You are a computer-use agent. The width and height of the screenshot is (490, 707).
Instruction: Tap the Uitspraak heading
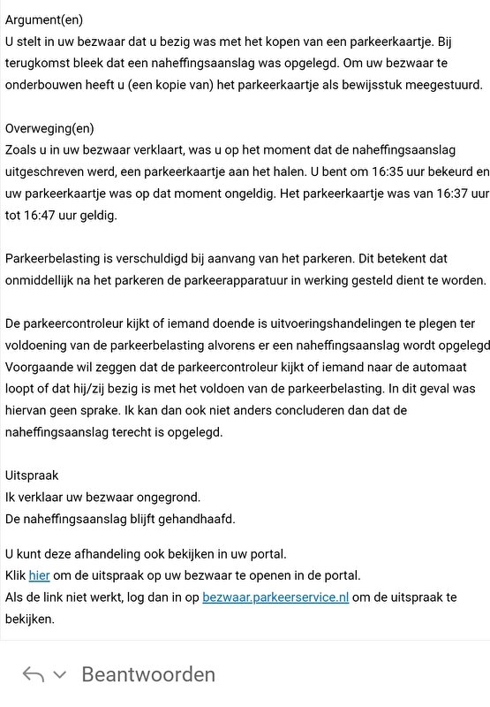coord(32,475)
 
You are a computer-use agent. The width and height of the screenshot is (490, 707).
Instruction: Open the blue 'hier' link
coord(39,575)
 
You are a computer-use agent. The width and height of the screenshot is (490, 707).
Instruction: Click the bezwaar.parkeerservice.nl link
coord(275,597)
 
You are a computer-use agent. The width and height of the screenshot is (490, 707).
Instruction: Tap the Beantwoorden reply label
coord(148,674)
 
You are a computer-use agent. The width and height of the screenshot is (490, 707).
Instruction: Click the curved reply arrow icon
coord(34,675)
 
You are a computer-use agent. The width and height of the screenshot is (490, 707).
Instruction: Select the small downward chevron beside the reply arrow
coord(60,675)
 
